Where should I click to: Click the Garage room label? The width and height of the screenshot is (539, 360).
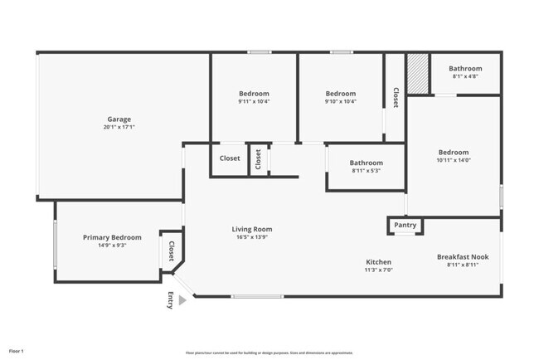120,119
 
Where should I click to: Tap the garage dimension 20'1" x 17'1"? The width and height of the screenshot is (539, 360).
120,128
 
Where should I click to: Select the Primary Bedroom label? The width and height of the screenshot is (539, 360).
112,237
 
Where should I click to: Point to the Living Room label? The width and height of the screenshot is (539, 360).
251,229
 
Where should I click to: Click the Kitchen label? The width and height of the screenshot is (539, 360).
379,262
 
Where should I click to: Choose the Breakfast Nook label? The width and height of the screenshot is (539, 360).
462,257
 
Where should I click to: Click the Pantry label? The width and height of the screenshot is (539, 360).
405,225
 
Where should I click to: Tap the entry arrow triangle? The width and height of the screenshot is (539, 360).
182,301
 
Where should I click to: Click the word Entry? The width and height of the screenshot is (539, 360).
171,301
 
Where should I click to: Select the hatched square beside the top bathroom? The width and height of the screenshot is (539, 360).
418,74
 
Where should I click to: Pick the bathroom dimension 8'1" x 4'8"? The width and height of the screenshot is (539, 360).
465,77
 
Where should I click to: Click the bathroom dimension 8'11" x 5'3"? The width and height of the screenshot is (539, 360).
366,171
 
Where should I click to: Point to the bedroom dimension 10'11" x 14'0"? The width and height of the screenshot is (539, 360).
454,161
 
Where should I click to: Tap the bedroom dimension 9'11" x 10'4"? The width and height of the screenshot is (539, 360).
254,102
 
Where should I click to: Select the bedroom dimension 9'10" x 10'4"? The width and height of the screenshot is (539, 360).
340,102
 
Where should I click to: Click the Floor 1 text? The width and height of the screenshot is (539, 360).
17,352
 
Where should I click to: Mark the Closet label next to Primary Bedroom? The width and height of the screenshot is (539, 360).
172,251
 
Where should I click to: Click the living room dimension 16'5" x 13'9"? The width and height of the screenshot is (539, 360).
251,237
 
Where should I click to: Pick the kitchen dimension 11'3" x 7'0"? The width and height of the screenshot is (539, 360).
379,270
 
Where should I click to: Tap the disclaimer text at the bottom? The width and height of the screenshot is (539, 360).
269,352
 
